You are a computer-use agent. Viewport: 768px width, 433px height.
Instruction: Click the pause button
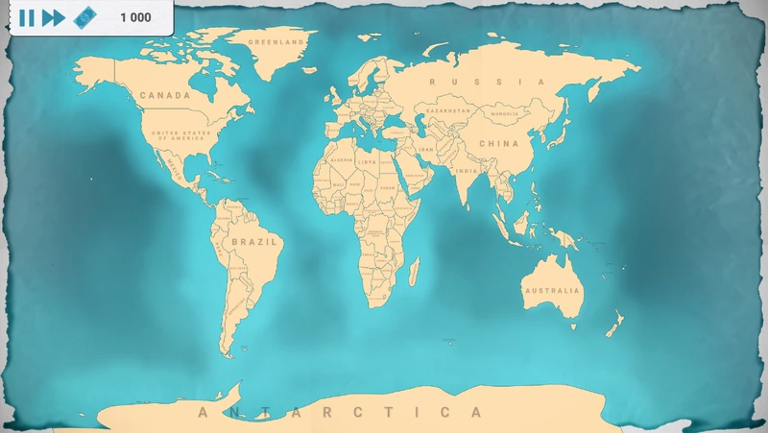pyautogui.click(x=27, y=17)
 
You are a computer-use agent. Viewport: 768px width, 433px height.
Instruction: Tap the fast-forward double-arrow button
pyautogui.click(x=54, y=17)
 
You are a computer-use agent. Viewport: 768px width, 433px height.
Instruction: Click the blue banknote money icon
pyautogui.click(x=85, y=17)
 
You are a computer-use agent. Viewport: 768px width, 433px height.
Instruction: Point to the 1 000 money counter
pyautogui.click(x=135, y=17)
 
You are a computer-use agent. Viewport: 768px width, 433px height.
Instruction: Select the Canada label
pyautogui.click(x=164, y=95)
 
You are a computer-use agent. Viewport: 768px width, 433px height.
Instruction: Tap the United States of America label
pyautogui.click(x=182, y=134)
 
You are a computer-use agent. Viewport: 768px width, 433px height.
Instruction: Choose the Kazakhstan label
pyautogui.click(x=448, y=110)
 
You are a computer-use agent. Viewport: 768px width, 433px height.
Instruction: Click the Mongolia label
pyautogui.click(x=504, y=114)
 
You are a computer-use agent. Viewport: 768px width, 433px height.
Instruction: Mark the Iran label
pyautogui.click(x=426, y=150)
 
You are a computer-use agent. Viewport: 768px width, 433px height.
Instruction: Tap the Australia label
pyautogui.click(x=551, y=290)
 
